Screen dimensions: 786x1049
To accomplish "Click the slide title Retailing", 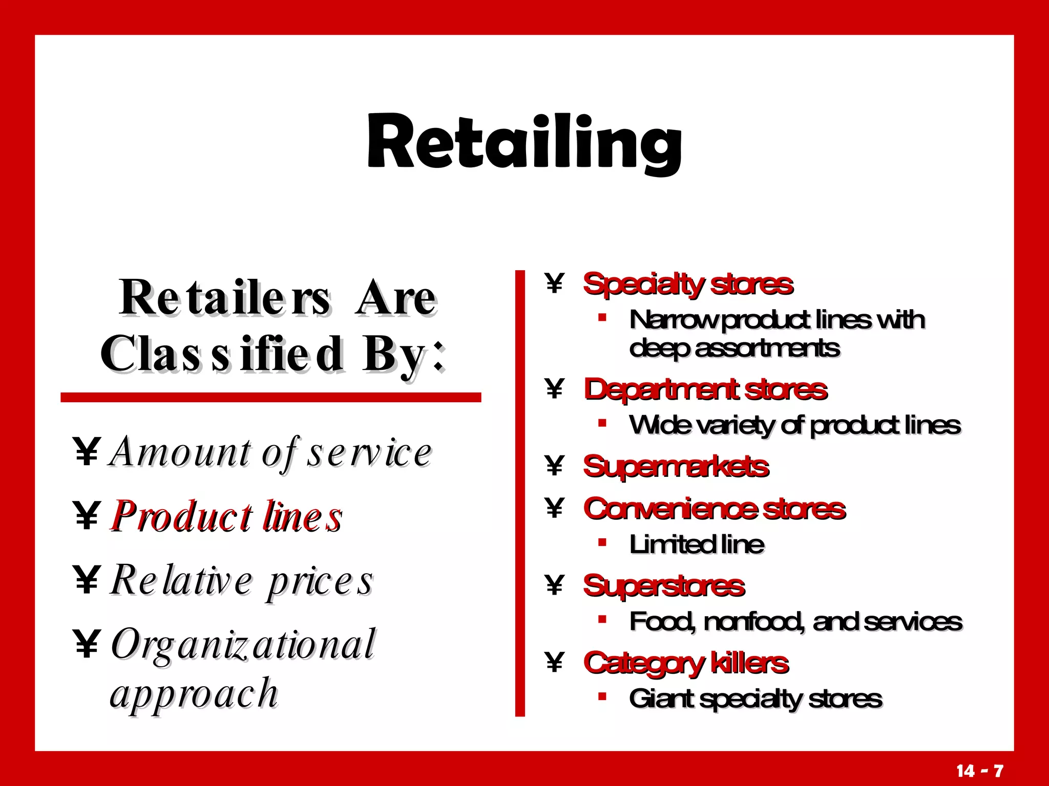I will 524,142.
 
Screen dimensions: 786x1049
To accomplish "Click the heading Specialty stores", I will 688,285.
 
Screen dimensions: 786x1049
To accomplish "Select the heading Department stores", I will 705,390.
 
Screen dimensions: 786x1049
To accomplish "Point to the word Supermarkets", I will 676,467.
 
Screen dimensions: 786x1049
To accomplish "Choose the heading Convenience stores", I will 715,509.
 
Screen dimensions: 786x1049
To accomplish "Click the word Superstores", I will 664,586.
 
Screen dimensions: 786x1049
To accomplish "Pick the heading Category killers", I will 686,663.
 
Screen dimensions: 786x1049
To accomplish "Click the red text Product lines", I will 226,517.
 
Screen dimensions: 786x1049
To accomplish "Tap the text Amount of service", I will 271,452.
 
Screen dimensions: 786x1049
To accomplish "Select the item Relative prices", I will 242,581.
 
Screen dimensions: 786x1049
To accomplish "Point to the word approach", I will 194,694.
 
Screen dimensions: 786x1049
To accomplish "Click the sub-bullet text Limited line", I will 697,544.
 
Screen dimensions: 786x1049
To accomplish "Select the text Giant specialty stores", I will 756,698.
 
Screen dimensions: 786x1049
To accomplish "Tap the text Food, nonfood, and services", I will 795,622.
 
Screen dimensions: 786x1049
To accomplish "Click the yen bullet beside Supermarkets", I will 554,466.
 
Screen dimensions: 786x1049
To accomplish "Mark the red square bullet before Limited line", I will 602,542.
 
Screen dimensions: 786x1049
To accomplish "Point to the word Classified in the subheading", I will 222,354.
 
